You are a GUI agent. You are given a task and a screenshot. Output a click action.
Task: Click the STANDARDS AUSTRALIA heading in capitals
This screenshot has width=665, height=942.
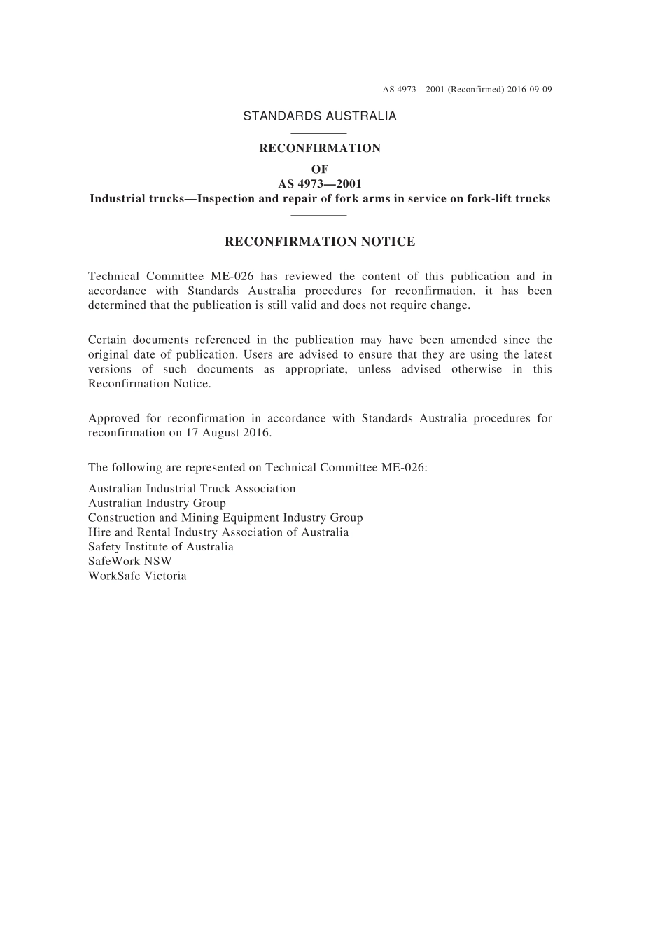(x=320, y=116)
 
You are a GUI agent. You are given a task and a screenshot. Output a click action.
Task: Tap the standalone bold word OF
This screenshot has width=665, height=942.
(x=320, y=169)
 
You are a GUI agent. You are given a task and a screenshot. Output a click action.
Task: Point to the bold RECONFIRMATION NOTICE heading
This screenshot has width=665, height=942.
(x=320, y=242)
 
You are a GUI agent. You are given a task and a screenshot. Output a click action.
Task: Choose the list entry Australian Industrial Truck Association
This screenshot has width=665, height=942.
(x=192, y=489)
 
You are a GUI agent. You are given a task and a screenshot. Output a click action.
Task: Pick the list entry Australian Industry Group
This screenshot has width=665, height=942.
(x=157, y=503)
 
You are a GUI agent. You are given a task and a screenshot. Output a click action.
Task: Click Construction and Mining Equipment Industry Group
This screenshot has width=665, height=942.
(x=225, y=518)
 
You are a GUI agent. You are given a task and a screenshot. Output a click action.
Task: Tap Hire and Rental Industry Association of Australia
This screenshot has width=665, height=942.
(x=218, y=532)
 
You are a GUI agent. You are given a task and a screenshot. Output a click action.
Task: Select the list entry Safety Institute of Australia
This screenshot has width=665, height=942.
(x=161, y=547)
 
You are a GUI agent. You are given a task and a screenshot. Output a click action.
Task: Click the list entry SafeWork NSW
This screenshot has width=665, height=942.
(x=130, y=561)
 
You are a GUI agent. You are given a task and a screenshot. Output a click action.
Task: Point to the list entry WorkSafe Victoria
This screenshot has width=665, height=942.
(x=137, y=576)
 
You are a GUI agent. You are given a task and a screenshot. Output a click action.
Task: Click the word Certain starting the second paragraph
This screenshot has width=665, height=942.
(x=107, y=340)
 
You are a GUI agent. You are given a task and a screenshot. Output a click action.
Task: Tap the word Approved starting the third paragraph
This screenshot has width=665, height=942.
(x=113, y=419)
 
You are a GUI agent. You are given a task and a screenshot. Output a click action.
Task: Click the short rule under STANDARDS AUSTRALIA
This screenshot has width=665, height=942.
(x=319, y=133)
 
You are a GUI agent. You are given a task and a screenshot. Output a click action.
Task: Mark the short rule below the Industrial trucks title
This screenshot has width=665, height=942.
(x=319, y=215)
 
